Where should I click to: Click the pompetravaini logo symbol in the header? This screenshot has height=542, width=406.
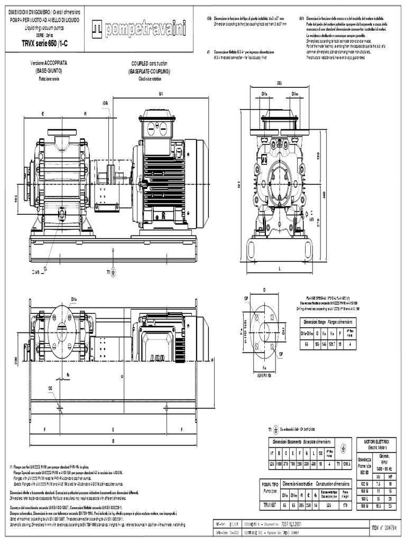point(98,31)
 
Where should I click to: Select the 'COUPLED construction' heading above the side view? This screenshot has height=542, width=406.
point(151,63)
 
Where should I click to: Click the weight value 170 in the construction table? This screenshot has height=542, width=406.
point(346,505)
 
